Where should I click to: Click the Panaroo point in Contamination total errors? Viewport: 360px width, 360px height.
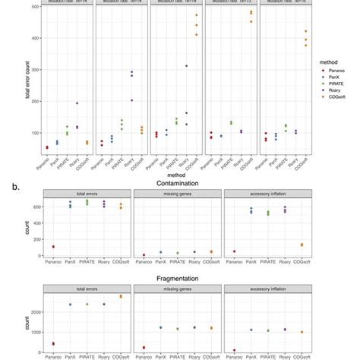[53, 247]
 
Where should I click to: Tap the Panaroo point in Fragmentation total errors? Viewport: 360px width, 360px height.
[53, 344]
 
